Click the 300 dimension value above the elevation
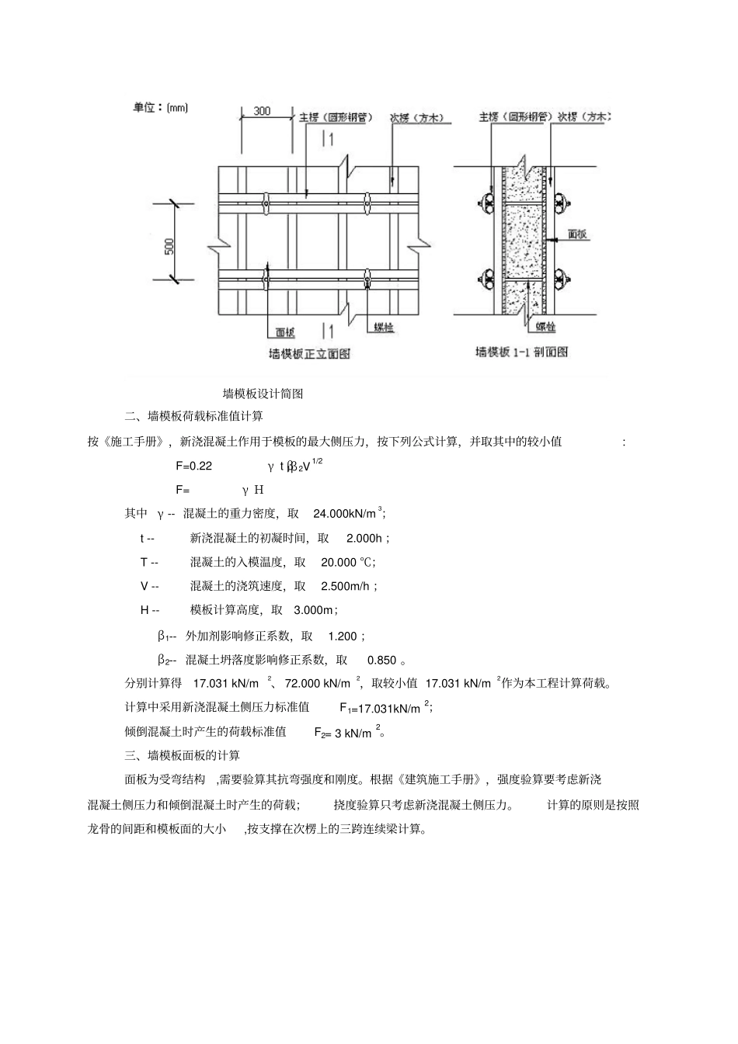pyautogui.click(x=262, y=111)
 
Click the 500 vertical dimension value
pyautogui.click(x=170, y=246)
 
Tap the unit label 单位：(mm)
pyautogui.click(x=161, y=108)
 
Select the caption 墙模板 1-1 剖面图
pyautogui.click(x=521, y=352)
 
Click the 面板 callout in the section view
pyautogui.click(x=577, y=232)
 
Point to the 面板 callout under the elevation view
pyautogui.click(x=286, y=332)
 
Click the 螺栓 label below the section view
pyautogui.click(x=547, y=328)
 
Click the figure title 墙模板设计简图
pyautogui.click(x=263, y=394)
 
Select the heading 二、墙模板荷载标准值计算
pyautogui.click(x=193, y=417)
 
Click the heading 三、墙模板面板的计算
pyautogui.click(x=183, y=755)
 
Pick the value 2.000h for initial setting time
pyautogui.click(x=364, y=538)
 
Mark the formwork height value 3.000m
pyautogui.click(x=313, y=610)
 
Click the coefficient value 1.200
pyautogui.click(x=342, y=636)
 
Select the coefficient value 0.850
pyautogui.click(x=381, y=661)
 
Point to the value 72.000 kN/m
pyautogui.click(x=318, y=684)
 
